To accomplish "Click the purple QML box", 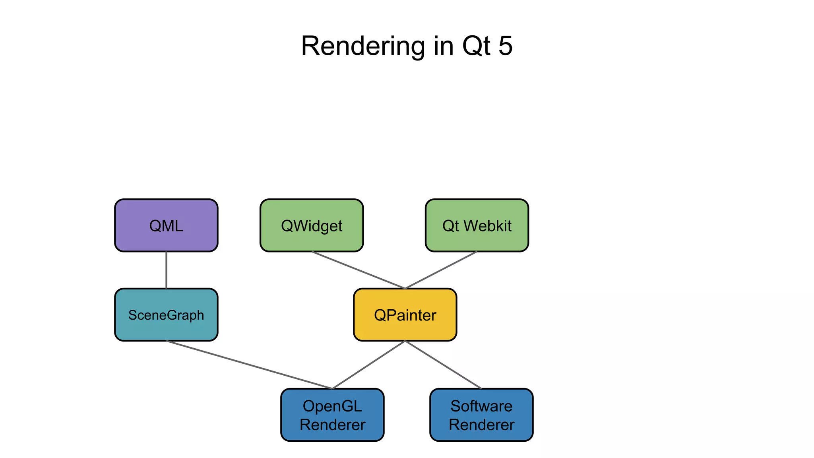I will tap(166, 225).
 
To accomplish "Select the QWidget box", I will tap(312, 225).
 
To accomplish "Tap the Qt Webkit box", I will tap(477, 225).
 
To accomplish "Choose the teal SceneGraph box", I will tap(166, 314).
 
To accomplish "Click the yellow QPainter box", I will tap(405, 314).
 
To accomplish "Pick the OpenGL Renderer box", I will tap(332, 415).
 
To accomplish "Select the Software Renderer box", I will tap(481, 415).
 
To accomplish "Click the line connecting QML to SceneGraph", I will tap(166, 270).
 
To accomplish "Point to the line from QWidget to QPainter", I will tap(358, 270).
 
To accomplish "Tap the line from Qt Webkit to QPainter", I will tap(441, 270).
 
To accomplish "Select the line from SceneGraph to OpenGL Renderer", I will tap(249, 365).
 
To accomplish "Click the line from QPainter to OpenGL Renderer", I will tap(368, 365).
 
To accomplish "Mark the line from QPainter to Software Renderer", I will tap(443, 365).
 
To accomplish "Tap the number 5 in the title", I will tap(505, 46).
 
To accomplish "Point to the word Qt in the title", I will tap(476, 47).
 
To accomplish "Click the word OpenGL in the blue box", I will tap(332, 406).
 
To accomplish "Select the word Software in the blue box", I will tap(481, 406).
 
